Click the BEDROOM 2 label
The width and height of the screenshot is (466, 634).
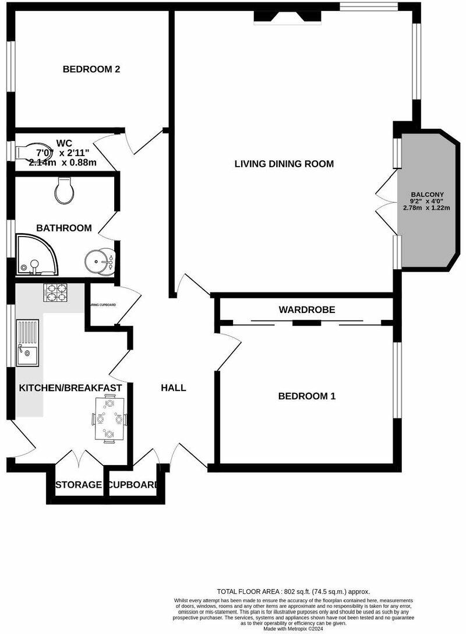point(91,69)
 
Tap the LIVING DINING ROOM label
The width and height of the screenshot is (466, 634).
point(284,164)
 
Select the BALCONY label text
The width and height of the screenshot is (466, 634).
point(427,195)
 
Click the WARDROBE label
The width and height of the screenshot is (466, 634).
point(306,310)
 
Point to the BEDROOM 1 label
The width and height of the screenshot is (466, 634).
point(306,396)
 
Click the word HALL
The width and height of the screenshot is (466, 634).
point(174,388)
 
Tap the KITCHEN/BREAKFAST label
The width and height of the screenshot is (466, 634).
point(70,388)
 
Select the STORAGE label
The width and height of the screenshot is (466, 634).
point(79,485)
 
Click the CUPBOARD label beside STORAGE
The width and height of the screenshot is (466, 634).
point(133,485)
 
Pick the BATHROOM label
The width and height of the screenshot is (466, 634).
point(64,228)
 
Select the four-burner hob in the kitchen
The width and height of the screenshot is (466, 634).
point(55,292)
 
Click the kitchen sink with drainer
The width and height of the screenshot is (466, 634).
point(28,343)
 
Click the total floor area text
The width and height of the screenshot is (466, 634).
point(293,591)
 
